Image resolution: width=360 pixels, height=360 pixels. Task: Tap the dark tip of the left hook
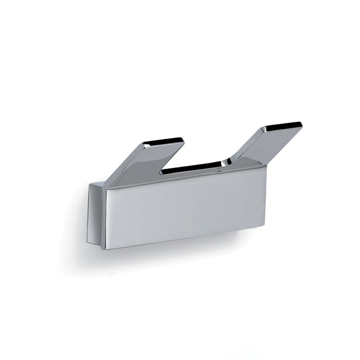pyautogui.click(x=163, y=140)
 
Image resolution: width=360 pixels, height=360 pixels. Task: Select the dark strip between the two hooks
pyautogui.click(x=191, y=168)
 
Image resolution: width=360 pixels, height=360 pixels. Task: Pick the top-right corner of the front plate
pyautogui.click(x=266, y=166)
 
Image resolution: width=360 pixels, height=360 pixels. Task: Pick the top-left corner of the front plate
pyautogui.click(x=106, y=187)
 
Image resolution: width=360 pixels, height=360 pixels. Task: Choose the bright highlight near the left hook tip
pyautogui.click(x=147, y=146)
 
